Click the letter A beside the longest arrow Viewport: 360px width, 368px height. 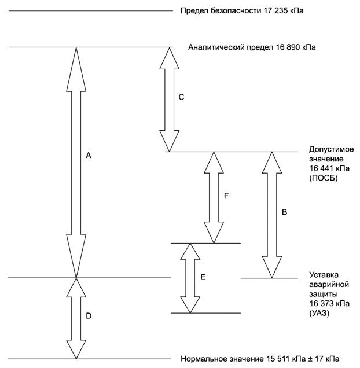click(x=89, y=155)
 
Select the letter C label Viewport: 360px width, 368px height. click(x=181, y=97)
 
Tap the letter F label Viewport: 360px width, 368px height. click(x=227, y=196)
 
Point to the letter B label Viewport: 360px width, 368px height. click(x=284, y=212)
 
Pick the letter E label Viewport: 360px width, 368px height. click(x=203, y=277)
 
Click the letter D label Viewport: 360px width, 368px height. click(x=89, y=316)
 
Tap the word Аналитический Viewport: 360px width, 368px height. click(x=215, y=47)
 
